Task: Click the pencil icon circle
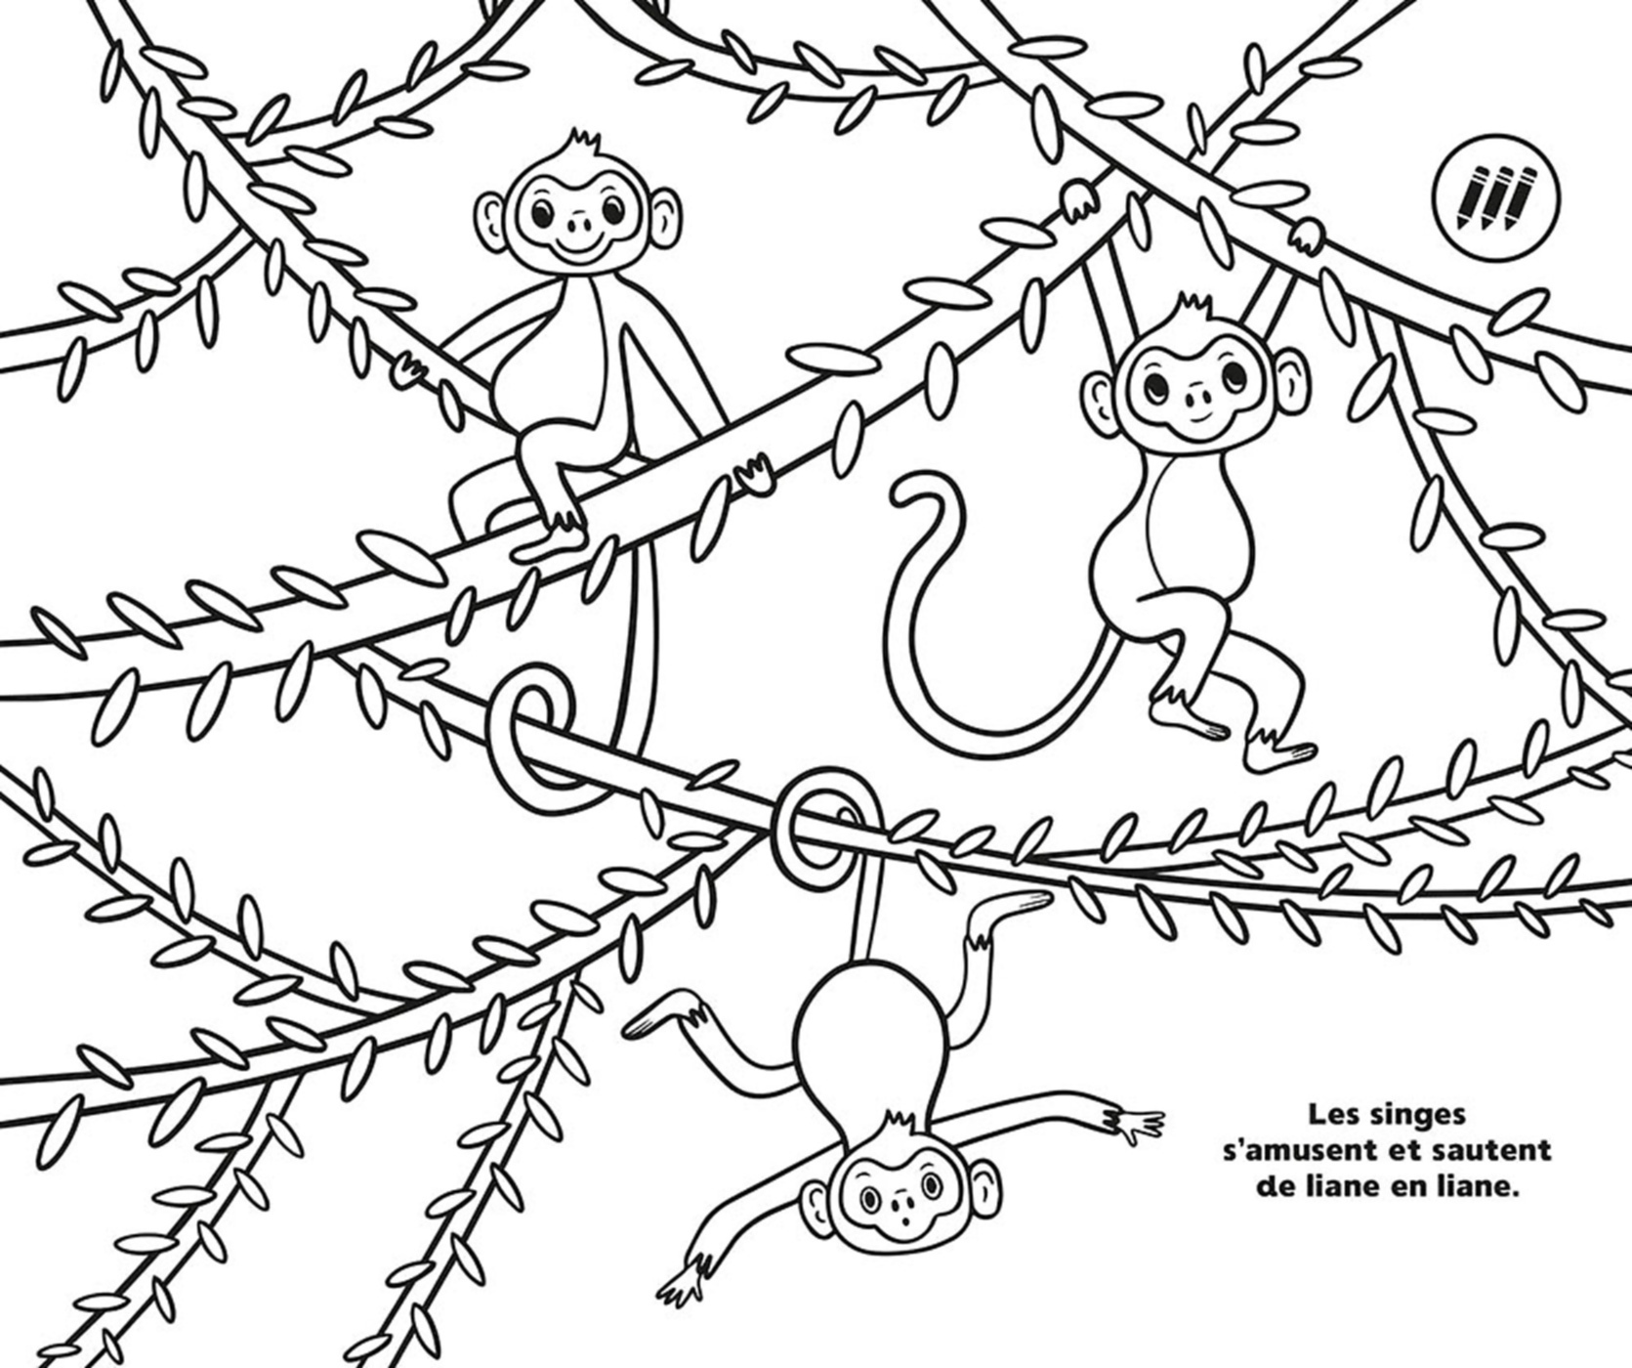coord(1495,197)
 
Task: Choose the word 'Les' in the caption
coord(1333,1113)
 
